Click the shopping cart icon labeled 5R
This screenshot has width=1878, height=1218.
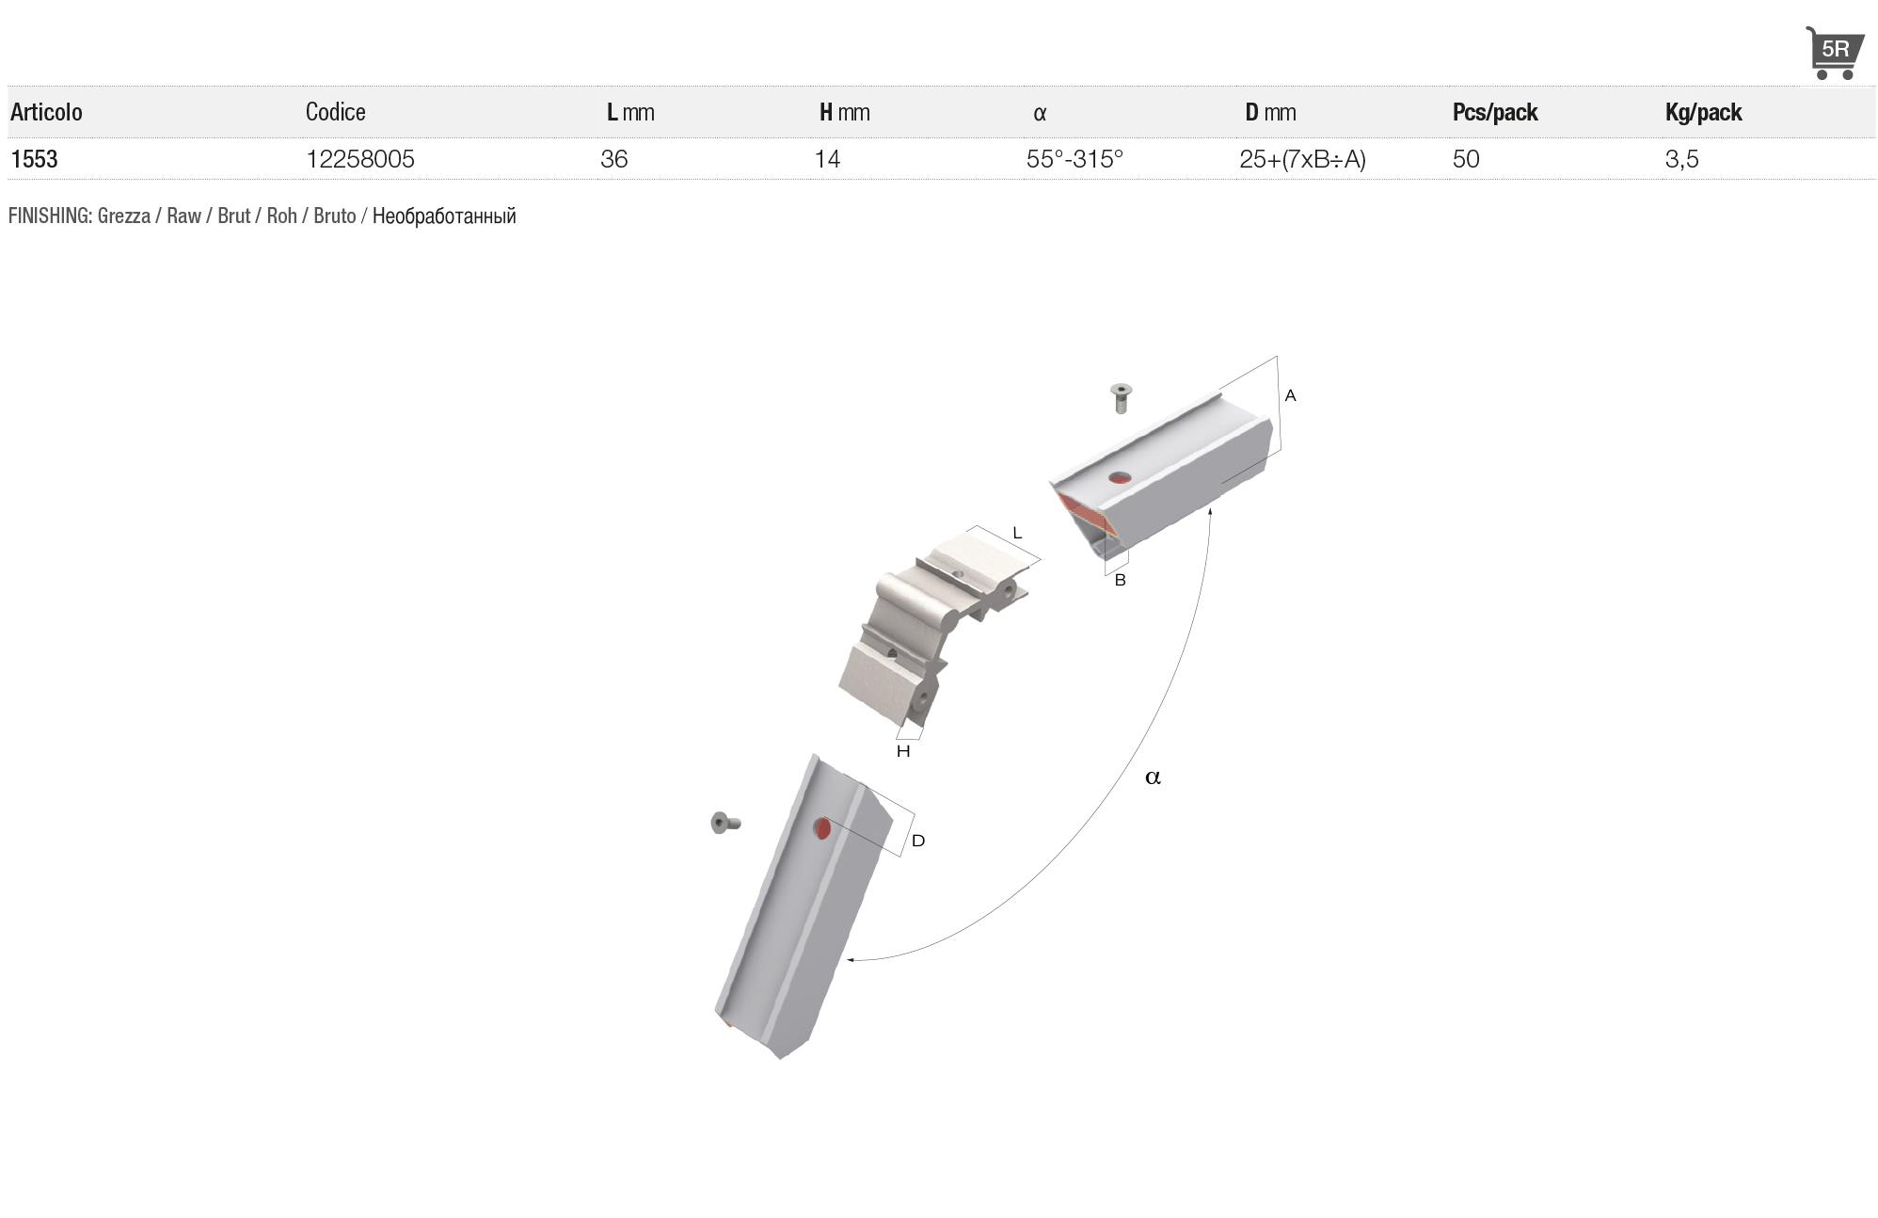coord(1834,53)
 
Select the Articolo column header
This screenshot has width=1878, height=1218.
coord(46,112)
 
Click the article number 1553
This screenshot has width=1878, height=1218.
coord(34,159)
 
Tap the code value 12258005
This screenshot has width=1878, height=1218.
coord(360,159)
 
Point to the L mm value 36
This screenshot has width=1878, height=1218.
coord(614,159)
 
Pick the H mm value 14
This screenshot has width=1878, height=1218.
coord(827,159)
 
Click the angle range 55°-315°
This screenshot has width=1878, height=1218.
coord(1074,159)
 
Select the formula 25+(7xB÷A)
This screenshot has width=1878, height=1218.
coord(1302,159)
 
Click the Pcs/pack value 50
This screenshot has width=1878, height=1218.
coord(1466,159)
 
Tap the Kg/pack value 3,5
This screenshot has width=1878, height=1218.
coord(1682,159)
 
